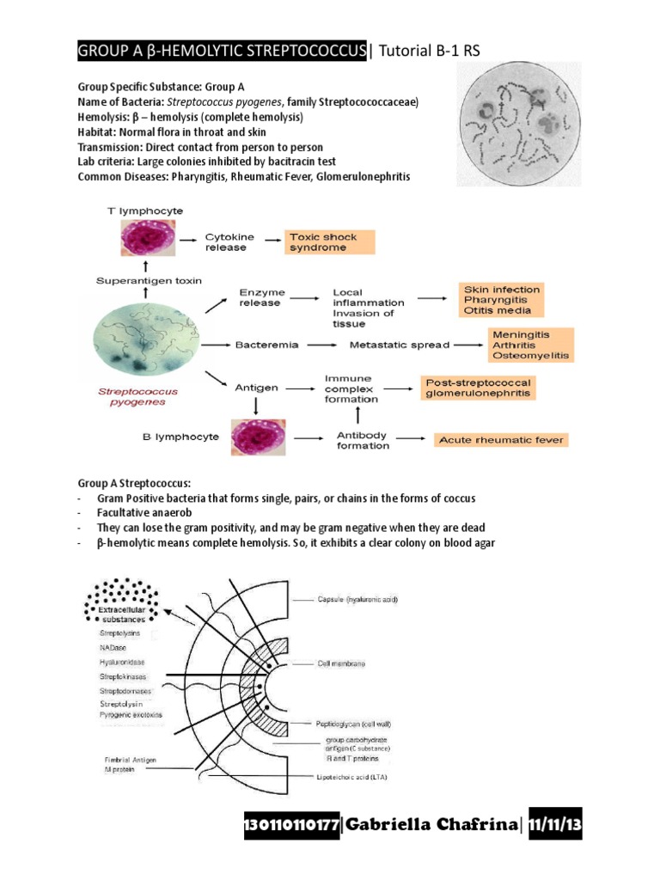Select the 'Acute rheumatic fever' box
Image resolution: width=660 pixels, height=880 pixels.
(x=500, y=440)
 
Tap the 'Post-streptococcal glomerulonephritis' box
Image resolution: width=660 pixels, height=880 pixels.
(x=477, y=388)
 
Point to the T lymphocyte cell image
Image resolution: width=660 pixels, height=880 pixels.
(x=149, y=241)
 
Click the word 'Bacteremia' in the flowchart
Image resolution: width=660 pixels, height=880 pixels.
(x=266, y=345)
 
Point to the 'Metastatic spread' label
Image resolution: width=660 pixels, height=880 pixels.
(x=399, y=345)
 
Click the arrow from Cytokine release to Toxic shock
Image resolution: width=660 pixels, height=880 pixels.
(x=270, y=241)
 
